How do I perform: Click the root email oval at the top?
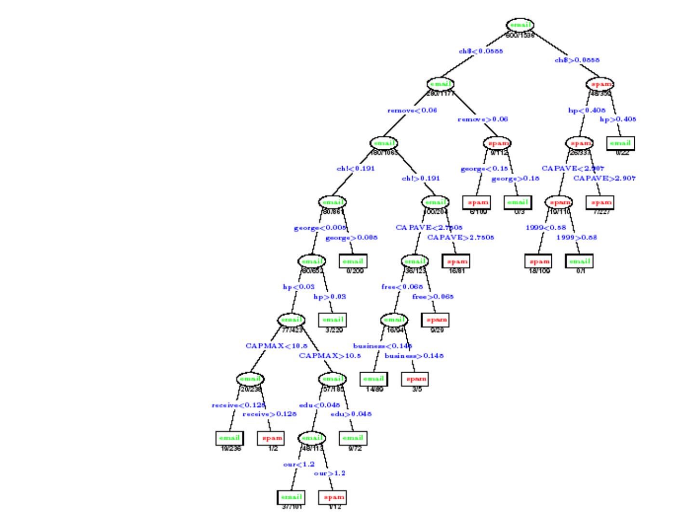click(x=520, y=25)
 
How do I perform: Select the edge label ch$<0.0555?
click(x=480, y=51)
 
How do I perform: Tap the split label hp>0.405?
click(x=618, y=119)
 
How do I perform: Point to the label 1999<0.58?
click(x=546, y=227)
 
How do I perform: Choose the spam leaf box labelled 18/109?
click(x=538, y=261)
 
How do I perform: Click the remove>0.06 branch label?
click(x=482, y=119)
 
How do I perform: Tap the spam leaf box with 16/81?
click(x=456, y=261)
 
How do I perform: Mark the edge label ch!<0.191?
click(x=355, y=169)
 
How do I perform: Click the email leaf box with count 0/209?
click(x=353, y=261)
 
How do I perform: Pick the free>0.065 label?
click(x=433, y=297)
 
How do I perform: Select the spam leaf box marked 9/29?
click(x=436, y=319)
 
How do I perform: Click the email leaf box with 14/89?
click(x=374, y=379)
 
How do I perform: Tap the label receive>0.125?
click(x=269, y=414)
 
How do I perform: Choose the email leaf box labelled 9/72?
click(x=353, y=438)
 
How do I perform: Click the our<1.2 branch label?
click(x=299, y=464)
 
